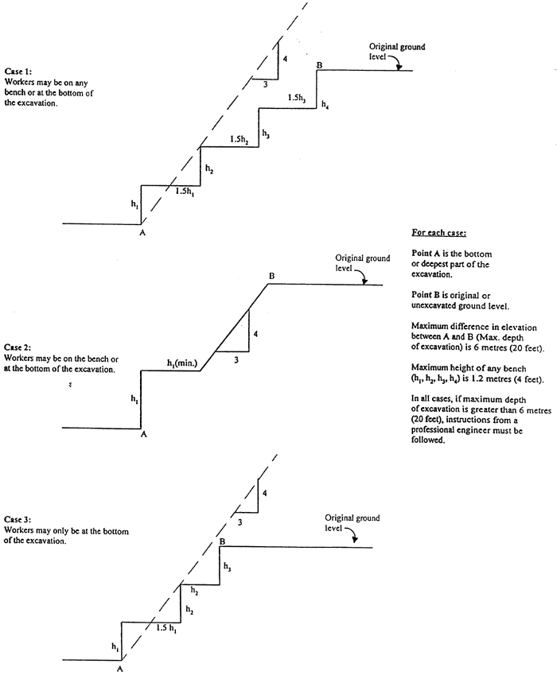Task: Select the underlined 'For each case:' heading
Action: tap(438, 233)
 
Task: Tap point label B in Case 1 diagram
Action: tap(319, 64)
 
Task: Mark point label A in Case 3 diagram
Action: tap(120, 669)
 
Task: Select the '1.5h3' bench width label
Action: tap(297, 97)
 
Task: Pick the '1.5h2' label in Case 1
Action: tap(239, 139)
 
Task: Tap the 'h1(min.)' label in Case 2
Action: tap(182, 363)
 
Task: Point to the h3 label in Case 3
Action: tap(228, 568)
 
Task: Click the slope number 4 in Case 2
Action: tap(255, 334)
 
